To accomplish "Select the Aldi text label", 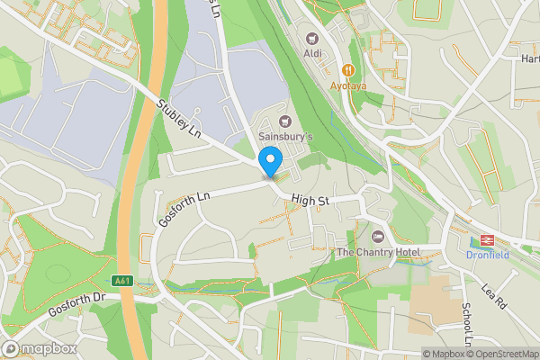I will point(312,53).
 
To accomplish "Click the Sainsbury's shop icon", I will point(286,121).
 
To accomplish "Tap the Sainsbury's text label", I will point(286,136).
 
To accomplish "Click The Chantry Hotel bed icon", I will point(378,236).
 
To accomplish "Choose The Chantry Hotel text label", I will point(378,252).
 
